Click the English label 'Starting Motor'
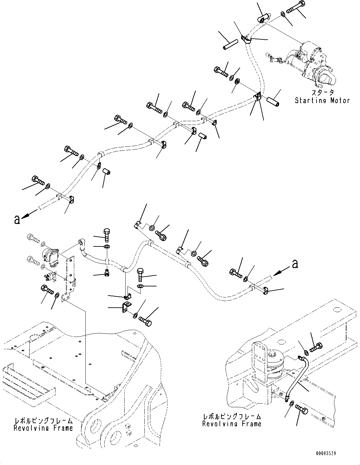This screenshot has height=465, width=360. pos(322,101)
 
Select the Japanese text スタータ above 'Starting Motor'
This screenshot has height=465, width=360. pos(322,93)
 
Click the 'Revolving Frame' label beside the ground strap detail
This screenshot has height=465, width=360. pos(232,423)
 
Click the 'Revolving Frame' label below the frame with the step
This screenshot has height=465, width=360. pos(43,428)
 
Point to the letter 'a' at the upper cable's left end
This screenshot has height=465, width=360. pos(17,219)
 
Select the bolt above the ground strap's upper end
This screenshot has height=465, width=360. pos(315,348)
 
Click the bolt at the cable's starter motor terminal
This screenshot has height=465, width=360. pos(295,8)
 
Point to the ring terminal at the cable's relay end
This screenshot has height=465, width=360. pos(81,244)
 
